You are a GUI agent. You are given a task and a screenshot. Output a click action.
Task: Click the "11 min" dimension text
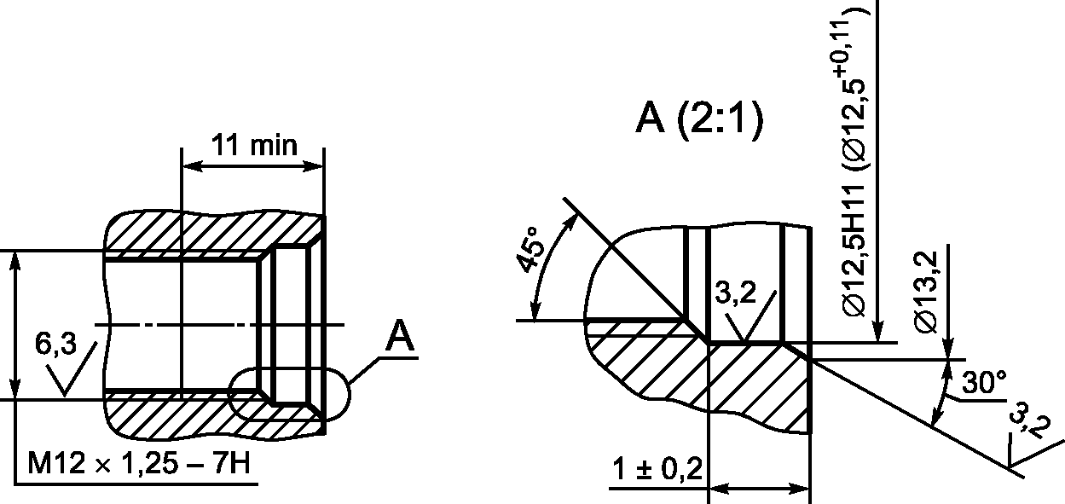coord(254,145)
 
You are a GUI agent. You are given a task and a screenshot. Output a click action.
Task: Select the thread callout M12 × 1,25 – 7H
coord(139,462)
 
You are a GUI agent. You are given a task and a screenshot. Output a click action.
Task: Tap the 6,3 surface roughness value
coord(55,344)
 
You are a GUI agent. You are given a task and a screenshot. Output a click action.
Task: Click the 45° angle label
coord(530,250)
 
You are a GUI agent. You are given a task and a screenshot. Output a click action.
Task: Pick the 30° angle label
coord(984,382)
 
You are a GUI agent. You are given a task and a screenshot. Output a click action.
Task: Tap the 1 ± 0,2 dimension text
coord(657,469)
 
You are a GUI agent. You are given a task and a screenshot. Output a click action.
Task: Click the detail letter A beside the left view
coord(400,336)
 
